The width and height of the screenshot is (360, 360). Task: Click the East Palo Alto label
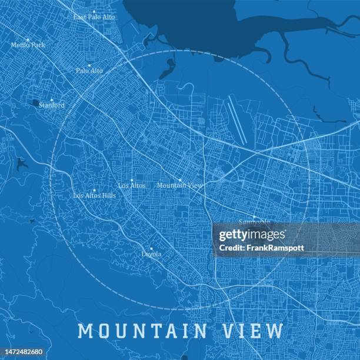pyautogui.click(x=94, y=18)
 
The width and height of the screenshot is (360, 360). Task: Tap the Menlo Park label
pyautogui.click(x=28, y=45)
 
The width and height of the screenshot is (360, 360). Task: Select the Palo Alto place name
pyautogui.click(x=89, y=71)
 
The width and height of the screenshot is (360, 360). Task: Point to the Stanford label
pyautogui.click(x=52, y=105)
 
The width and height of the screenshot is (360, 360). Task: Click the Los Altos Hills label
pyautogui.click(x=94, y=195)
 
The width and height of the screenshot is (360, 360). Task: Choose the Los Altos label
pyautogui.click(x=132, y=185)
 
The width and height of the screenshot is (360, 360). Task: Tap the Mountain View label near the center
pyautogui.click(x=180, y=185)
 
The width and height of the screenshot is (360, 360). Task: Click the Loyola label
pyautogui.click(x=151, y=254)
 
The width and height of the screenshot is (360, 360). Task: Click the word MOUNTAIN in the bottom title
pyautogui.click(x=143, y=331)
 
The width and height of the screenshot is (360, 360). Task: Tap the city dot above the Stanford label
pyautogui.click(x=52, y=99)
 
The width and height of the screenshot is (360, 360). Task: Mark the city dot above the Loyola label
pyautogui.click(x=151, y=248)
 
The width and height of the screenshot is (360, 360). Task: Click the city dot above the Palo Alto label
pyautogui.click(x=89, y=65)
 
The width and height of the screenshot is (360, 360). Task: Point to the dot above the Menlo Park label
pyautogui.click(x=28, y=39)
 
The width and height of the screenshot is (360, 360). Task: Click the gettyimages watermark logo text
pyautogui.click(x=252, y=235)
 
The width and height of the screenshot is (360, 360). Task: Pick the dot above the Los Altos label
pyautogui.click(x=132, y=180)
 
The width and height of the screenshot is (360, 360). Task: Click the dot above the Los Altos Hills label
pyautogui.click(x=94, y=190)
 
